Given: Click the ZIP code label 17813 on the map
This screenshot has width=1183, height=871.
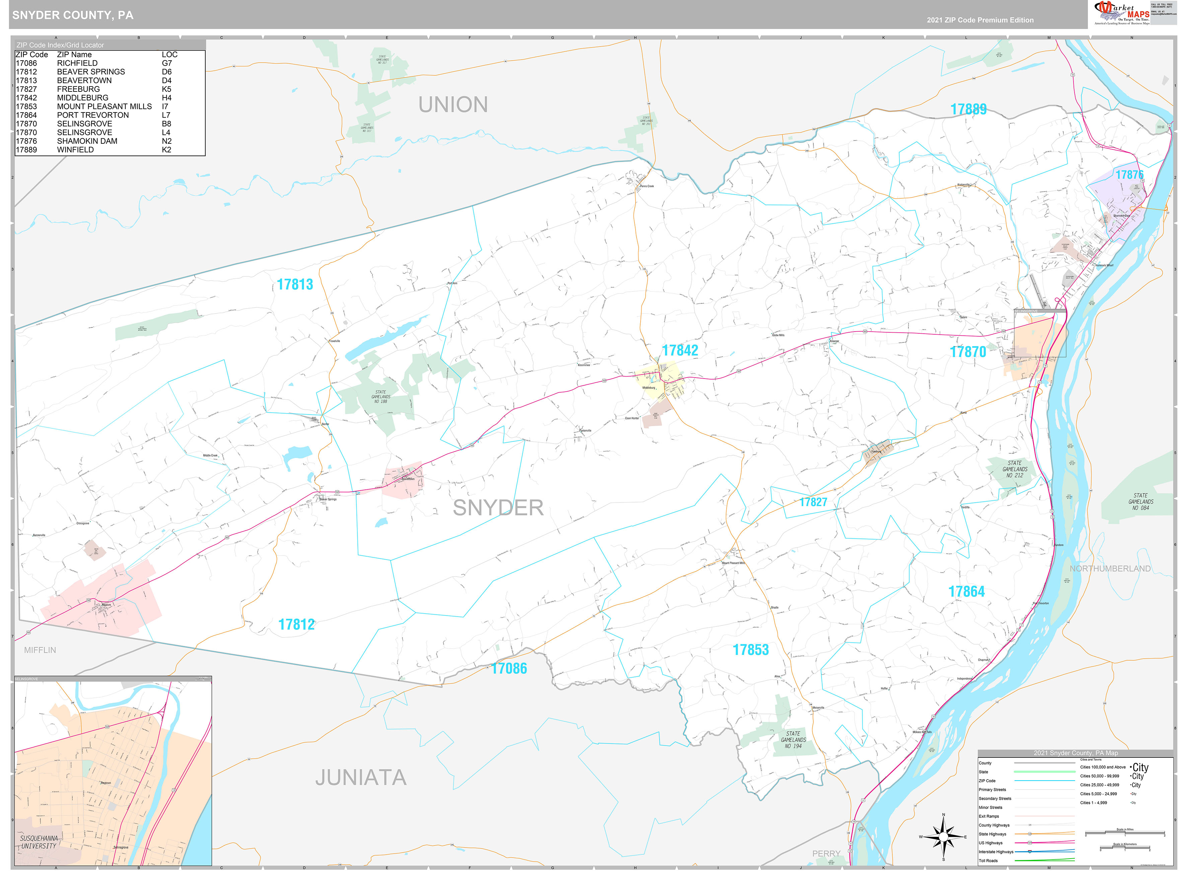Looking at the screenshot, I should [x=295, y=285].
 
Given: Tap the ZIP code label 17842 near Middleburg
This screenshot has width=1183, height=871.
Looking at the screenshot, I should [x=680, y=351].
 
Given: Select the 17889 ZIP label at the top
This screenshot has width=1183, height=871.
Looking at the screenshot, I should [x=968, y=109].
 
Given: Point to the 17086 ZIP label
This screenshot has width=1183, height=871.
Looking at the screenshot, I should [x=509, y=669].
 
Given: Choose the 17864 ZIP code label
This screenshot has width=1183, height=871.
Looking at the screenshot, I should [x=966, y=592].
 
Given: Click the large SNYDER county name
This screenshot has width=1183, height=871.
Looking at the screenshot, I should [x=498, y=508].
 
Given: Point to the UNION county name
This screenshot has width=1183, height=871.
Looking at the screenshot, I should [x=453, y=105].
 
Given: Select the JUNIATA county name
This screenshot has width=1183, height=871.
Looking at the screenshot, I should [x=361, y=778].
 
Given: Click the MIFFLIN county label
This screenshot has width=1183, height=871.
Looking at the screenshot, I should [x=40, y=650].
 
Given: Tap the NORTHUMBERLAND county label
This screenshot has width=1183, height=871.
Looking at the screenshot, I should [x=1110, y=568].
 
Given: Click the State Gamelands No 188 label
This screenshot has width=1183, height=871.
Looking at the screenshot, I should [x=380, y=397].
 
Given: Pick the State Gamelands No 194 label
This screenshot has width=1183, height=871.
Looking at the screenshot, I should [x=793, y=740].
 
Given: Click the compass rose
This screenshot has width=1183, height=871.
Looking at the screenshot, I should [x=943, y=837].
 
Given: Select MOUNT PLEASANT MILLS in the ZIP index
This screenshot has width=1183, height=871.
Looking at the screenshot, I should [x=104, y=107].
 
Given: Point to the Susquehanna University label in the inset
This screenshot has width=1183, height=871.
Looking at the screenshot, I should [x=39, y=842].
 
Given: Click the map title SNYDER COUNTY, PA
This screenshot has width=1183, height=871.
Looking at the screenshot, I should [x=73, y=15].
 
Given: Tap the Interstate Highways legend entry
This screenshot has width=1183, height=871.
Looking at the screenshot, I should [x=996, y=852].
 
